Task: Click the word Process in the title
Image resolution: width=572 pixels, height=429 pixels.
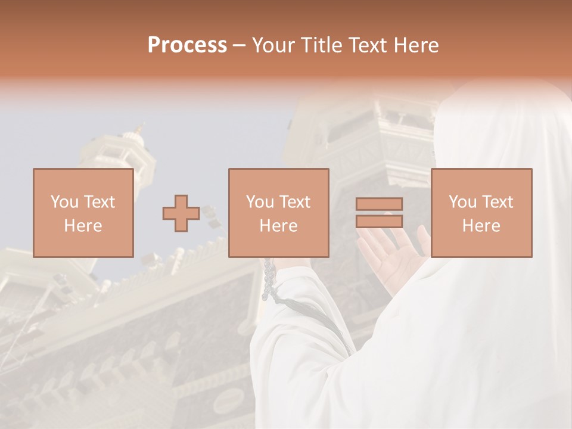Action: pyautogui.click(x=187, y=45)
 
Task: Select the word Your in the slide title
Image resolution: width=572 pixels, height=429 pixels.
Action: pyautogui.click(x=272, y=45)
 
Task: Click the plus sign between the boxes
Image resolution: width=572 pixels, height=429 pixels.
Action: pyautogui.click(x=181, y=213)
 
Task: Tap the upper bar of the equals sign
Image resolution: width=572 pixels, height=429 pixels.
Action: pyautogui.click(x=379, y=204)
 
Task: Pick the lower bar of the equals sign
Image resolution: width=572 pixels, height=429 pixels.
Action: pyautogui.click(x=379, y=221)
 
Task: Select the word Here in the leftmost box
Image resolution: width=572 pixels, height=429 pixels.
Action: pyautogui.click(x=83, y=226)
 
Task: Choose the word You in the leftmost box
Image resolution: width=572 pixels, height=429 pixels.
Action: pyautogui.click(x=64, y=202)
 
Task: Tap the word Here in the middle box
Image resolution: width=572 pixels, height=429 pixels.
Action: pyautogui.click(x=278, y=226)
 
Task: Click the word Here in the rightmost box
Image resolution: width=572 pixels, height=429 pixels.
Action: pyautogui.click(x=481, y=226)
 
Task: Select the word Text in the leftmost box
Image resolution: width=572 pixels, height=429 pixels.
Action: pyautogui.click(x=100, y=202)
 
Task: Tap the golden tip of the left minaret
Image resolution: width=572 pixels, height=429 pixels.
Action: pyautogui.click(x=141, y=128)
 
